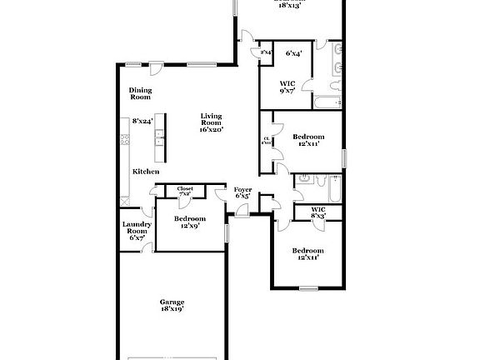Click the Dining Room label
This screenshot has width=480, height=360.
(x=140, y=94)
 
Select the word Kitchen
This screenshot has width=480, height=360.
(x=146, y=172)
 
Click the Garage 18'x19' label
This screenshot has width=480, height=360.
(x=172, y=305)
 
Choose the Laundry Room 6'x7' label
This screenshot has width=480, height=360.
(x=136, y=231)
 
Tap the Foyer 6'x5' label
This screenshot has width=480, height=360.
(x=242, y=193)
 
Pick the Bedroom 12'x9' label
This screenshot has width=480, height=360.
(x=186, y=222)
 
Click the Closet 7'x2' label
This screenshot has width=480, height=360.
(x=185, y=191)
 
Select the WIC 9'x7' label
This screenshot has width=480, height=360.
(x=287, y=87)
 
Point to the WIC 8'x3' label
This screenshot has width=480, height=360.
(x=318, y=212)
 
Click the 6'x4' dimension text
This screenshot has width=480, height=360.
(x=293, y=53)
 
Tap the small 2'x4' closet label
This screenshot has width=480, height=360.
(x=266, y=53)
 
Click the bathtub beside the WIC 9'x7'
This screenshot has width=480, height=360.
(x=327, y=102)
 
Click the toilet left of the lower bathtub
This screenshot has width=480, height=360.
(x=304, y=178)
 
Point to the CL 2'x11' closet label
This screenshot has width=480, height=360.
(x=266, y=140)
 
